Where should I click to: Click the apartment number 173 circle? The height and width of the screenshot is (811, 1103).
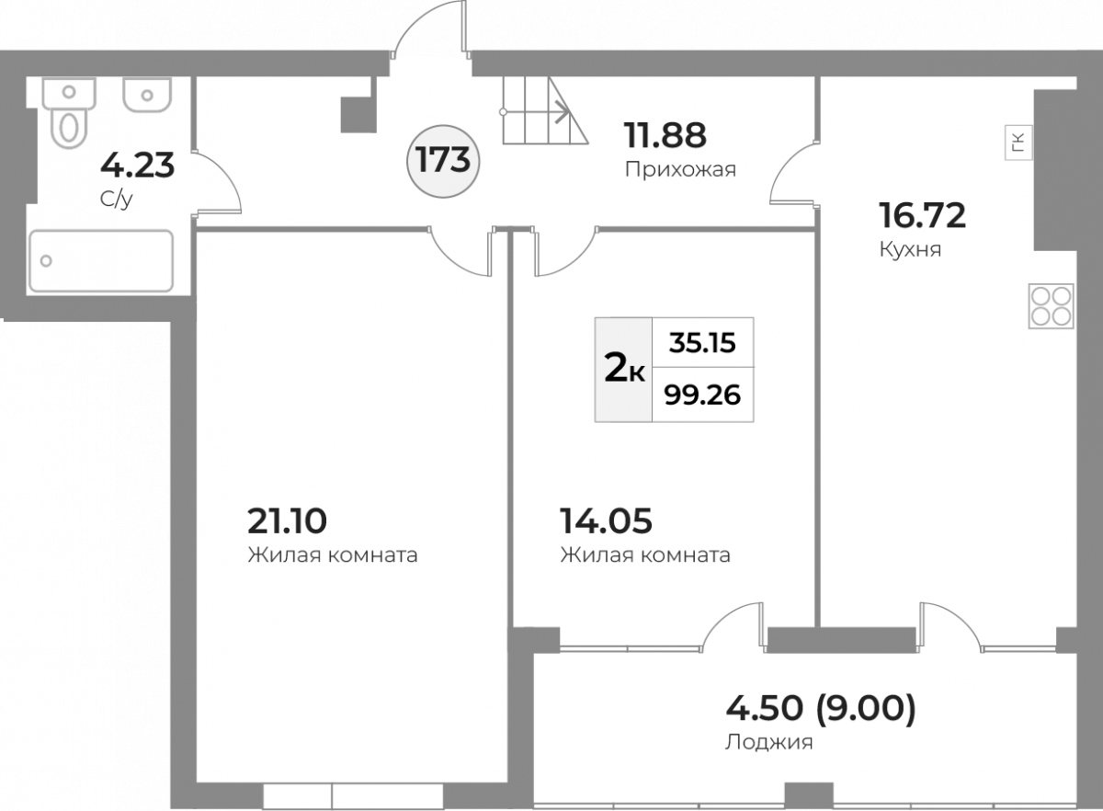pos(443,161)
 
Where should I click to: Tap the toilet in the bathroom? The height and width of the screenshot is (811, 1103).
pos(69,113)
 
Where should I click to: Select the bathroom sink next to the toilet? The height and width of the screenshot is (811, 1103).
pos(147,95)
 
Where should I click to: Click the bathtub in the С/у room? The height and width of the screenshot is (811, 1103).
pos(101,261)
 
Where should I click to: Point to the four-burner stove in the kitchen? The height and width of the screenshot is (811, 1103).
pos(1051,306)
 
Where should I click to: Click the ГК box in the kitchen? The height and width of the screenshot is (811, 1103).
pos(1018,143)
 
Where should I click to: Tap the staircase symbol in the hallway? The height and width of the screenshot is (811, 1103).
pos(544,111)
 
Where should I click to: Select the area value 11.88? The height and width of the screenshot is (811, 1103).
pos(665,135)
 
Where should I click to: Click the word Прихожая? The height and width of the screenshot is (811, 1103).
pos(680,170)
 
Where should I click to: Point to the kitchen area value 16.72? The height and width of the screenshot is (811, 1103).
pos(922,215)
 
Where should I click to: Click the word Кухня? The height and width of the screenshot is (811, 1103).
pos(910,250)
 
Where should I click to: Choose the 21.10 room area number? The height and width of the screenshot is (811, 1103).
pos(287,520)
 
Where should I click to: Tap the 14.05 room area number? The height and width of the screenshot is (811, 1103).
pos(606,520)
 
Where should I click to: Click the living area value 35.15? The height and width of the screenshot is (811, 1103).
pos(702,342)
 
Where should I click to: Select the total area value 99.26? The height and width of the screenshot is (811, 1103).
pos(702,394)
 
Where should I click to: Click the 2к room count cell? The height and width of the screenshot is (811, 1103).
pos(624,370)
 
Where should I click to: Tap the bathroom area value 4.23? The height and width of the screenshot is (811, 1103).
pos(137,166)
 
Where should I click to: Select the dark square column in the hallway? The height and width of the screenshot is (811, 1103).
pos(358,115)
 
